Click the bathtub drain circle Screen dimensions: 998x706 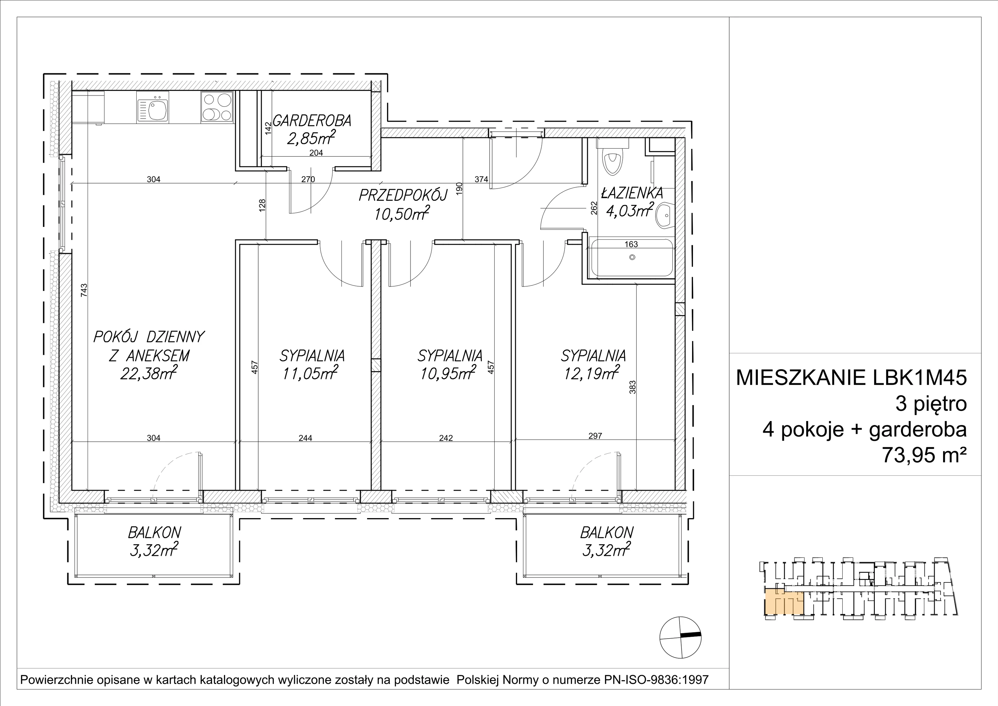tap(632, 257)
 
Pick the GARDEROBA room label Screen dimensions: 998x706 tap(312, 120)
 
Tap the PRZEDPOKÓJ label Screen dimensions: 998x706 tap(403, 196)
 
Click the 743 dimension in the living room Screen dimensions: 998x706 tap(84, 291)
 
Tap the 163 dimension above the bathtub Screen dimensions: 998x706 tap(631, 244)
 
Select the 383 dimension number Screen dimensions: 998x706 tap(632, 387)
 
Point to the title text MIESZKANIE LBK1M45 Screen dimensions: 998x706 tap(851, 378)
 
